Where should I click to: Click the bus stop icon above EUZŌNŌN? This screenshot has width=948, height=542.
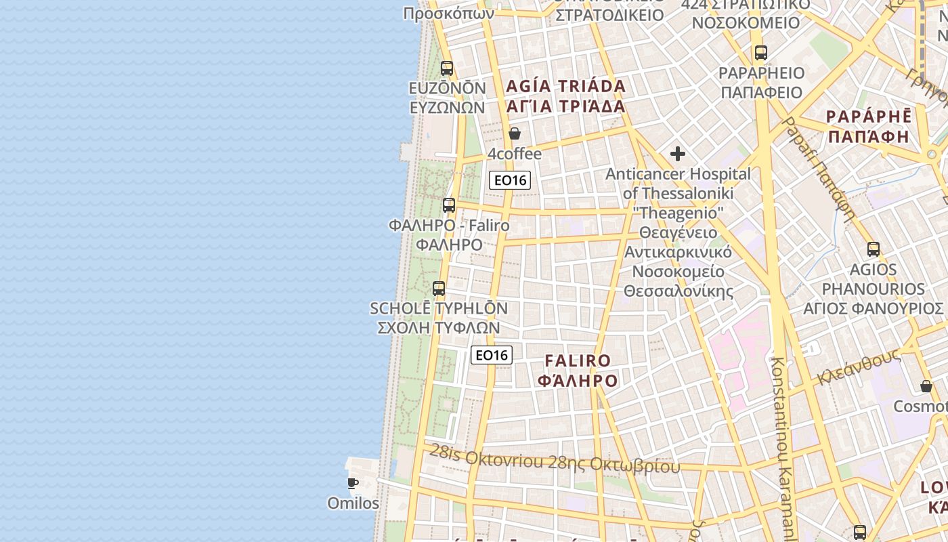tap(447, 68)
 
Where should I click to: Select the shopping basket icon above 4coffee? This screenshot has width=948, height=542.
tap(515, 133)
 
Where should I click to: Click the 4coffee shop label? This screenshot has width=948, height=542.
tap(515, 154)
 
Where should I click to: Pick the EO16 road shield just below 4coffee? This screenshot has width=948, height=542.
tap(509, 180)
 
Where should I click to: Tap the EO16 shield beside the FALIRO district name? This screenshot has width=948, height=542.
tap(492, 355)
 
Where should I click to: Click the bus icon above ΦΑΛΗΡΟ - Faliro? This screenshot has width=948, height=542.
tap(449, 205)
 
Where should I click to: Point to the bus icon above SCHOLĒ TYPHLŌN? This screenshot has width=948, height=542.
tap(439, 289)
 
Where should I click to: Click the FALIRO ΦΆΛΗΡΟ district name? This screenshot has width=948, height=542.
tap(578, 371)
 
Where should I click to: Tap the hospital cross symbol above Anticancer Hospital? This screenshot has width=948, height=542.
tap(678, 154)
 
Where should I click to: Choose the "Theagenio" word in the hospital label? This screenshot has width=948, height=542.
tap(678, 213)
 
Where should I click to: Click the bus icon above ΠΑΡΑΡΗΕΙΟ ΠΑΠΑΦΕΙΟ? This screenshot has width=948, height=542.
tap(761, 53)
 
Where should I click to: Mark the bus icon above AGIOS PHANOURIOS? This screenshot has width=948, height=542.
tap(874, 249)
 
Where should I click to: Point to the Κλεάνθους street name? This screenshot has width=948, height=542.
tap(859, 367)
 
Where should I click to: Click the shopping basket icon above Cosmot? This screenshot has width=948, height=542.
tap(926, 386)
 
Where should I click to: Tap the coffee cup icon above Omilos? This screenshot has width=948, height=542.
tap(353, 483)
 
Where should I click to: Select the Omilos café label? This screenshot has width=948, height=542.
tap(353, 503)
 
